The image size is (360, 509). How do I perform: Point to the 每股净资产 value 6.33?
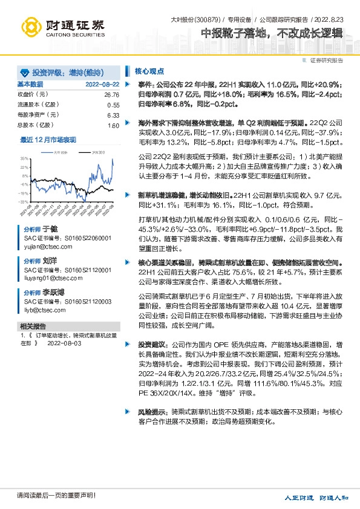pyautogui.click(x=113, y=115)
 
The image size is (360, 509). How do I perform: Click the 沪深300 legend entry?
pyautogui.click(x=98, y=153)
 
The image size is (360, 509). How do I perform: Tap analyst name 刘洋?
pyautogui.click(x=50, y=260)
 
